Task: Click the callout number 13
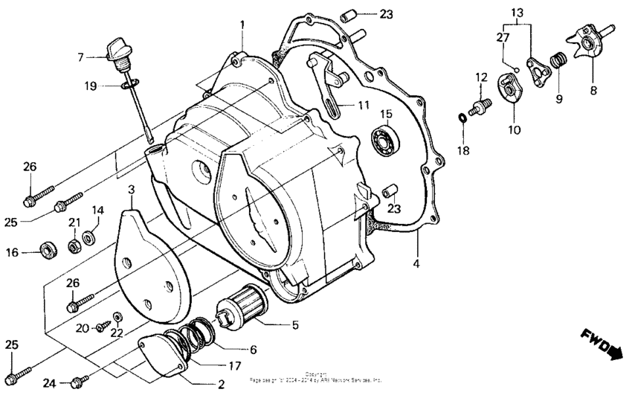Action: point(517,13)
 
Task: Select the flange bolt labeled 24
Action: point(77,382)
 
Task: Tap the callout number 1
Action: point(242,25)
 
